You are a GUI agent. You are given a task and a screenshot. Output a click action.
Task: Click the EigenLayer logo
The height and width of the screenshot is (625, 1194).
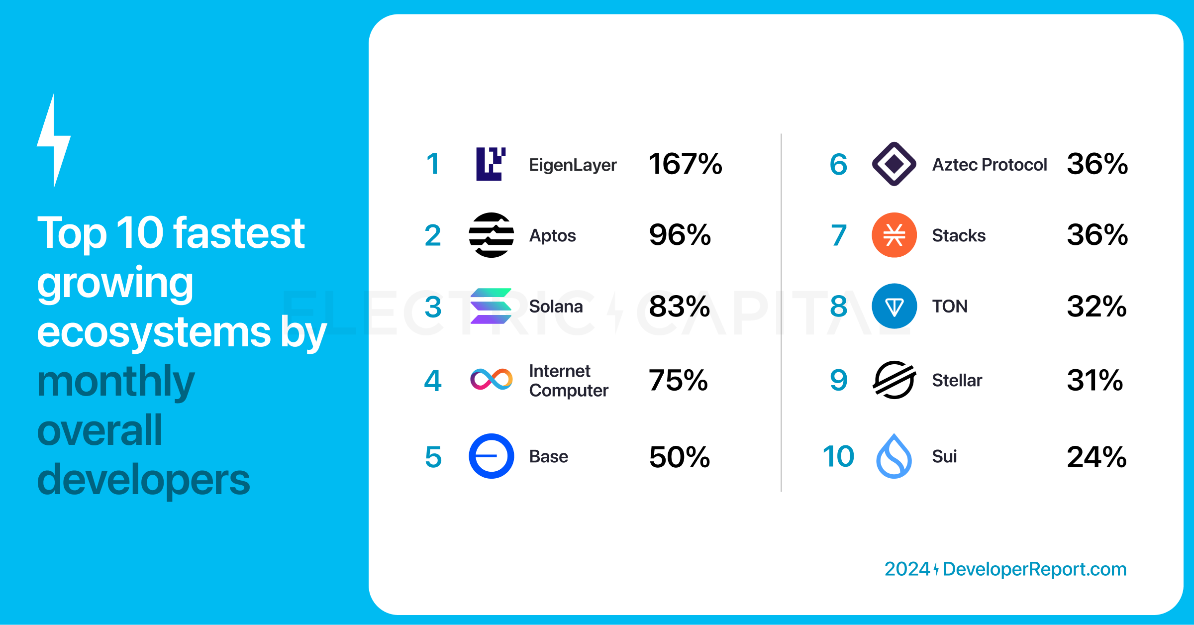click(491, 164)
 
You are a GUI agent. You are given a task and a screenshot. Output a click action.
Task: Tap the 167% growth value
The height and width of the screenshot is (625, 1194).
click(685, 164)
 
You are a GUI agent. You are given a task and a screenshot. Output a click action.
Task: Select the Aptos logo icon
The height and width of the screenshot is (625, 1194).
click(491, 235)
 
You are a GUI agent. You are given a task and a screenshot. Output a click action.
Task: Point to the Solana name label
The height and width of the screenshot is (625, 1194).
click(556, 307)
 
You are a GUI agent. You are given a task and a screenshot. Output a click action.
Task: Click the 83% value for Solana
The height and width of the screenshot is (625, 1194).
click(679, 307)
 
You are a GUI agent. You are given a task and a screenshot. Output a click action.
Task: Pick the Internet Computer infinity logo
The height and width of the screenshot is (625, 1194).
click(491, 380)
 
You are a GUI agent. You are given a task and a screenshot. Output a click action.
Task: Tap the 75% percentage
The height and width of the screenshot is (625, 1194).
click(678, 381)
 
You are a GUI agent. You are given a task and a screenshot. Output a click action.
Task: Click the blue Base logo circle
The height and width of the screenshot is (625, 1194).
click(491, 456)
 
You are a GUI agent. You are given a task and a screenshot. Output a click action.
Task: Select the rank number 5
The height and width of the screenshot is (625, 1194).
click(433, 457)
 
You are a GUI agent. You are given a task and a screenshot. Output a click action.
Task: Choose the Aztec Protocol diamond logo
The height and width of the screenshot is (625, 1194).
click(894, 164)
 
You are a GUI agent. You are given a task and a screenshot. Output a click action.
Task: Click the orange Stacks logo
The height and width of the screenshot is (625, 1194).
click(894, 235)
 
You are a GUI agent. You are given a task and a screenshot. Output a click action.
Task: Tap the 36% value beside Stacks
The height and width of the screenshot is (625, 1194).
click(1097, 235)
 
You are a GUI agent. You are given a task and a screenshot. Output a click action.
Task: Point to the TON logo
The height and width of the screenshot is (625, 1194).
click(894, 306)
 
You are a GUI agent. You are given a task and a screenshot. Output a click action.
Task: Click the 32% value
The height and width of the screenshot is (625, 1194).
click(1096, 307)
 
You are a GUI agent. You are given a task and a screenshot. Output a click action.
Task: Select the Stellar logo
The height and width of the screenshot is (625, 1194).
click(894, 380)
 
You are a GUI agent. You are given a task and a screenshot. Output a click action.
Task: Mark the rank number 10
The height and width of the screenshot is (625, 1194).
click(838, 456)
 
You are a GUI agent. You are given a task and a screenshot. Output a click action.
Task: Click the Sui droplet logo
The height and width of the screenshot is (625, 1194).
click(894, 456)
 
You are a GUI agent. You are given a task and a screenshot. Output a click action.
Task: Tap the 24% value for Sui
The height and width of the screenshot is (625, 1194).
click(1096, 457)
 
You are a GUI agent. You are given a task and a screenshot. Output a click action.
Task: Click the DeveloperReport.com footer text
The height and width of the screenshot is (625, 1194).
click(1034, 569)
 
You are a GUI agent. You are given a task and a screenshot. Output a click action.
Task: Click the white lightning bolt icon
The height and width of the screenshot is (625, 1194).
click(54, 142)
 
